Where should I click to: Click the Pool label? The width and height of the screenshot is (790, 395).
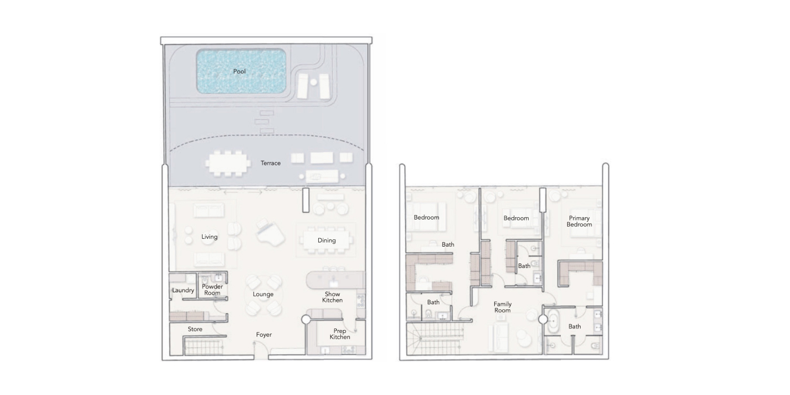click(x=239, y=71)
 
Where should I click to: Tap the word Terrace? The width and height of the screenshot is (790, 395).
click(x=270, y=163)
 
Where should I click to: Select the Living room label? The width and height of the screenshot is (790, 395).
click(x=209, y=236)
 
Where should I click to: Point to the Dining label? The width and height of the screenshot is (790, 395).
click(x=327, y=240)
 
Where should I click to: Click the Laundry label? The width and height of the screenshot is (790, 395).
click(x=183, y=290)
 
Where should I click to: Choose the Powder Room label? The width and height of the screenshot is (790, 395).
click(x=212, y=289)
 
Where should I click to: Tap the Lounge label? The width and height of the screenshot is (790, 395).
click(x=263, y=294)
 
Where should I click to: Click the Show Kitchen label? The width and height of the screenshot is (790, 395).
click(x=332, y=297)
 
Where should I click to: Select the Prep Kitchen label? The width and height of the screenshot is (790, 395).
click(x=340, y=334)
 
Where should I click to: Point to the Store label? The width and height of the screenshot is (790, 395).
click(x=195, y=329)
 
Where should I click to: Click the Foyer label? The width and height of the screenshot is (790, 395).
click(x=264, y=335)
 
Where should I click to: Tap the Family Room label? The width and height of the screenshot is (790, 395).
click(x=503, y=307)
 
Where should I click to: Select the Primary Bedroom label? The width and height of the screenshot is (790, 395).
click(x=579, y=221)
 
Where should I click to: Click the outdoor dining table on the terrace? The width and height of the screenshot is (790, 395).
click(x=228, y=164)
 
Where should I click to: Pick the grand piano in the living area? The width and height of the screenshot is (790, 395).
click(x=269, y=232)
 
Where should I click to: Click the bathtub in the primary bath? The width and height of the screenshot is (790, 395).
click(x=554, y=321)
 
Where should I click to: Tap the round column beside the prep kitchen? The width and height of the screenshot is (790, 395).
click(x=306, y=319)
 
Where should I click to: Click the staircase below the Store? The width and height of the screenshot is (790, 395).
click(x=204, y=346)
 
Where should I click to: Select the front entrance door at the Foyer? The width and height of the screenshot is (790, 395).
click(x=261, y=353)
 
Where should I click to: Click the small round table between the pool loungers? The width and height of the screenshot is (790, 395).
click(x=313, y=82)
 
